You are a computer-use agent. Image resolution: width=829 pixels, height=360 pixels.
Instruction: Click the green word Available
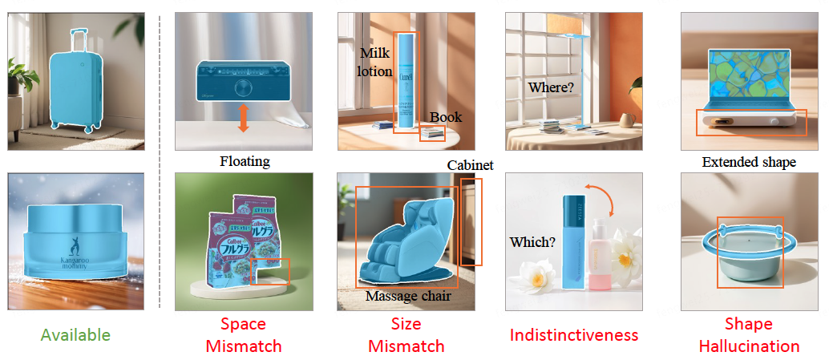click(x=75, y=335)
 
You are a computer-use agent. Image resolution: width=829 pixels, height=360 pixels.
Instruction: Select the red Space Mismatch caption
click(x=244, y=335)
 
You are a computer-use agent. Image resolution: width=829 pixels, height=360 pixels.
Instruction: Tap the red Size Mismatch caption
click(x=406, y=335)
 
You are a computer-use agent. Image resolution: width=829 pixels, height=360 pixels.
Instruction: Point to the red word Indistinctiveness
click(x=574, y=335)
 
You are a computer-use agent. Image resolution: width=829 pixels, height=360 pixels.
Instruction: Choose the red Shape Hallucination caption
click(x=749, y=335)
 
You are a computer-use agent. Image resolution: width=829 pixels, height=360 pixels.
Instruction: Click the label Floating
click(x=245, y=161)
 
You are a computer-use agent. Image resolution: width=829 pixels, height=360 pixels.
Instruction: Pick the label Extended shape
click(x=749, y=162)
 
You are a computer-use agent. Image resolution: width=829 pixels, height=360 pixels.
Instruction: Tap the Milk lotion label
click(x=375, y=62)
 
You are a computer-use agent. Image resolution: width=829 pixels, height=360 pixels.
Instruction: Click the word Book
click(x=446, y=117)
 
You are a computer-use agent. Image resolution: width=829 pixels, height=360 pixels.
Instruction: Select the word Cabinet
click(x=470, y=165)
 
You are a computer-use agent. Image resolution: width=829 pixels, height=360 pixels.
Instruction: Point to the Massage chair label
click(x=408, y=297)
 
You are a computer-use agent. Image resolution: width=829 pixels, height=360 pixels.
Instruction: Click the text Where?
click(x=551, y=87)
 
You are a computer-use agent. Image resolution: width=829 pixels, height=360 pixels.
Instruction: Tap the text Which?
click(x=532, y=241)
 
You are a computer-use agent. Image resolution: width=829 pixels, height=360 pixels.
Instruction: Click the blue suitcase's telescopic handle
click(x=79, y=40)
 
